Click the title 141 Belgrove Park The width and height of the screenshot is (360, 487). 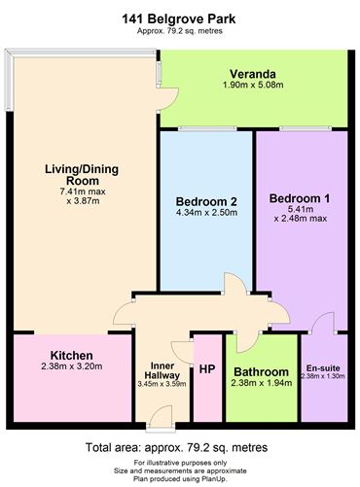click(179, 19)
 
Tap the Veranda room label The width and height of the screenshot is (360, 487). click(253, 74)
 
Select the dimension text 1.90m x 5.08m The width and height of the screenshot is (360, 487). click(253, 85)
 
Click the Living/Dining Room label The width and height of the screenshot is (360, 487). click(82, 175)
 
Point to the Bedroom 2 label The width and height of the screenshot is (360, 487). click(206, 201)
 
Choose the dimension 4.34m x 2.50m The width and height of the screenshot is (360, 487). click(206, 213)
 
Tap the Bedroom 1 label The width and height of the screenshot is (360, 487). click(300, 198)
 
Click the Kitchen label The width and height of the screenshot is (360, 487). click(72, 355)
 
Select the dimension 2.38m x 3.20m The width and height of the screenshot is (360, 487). click(72, 366)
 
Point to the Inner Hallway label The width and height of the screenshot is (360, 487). click(162, 370)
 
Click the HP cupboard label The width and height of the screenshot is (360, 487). click(207, 369)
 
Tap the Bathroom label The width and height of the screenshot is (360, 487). click(261, 371)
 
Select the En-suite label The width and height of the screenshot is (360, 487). click(323, 368)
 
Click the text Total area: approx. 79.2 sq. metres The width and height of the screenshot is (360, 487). click(177, 447)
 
